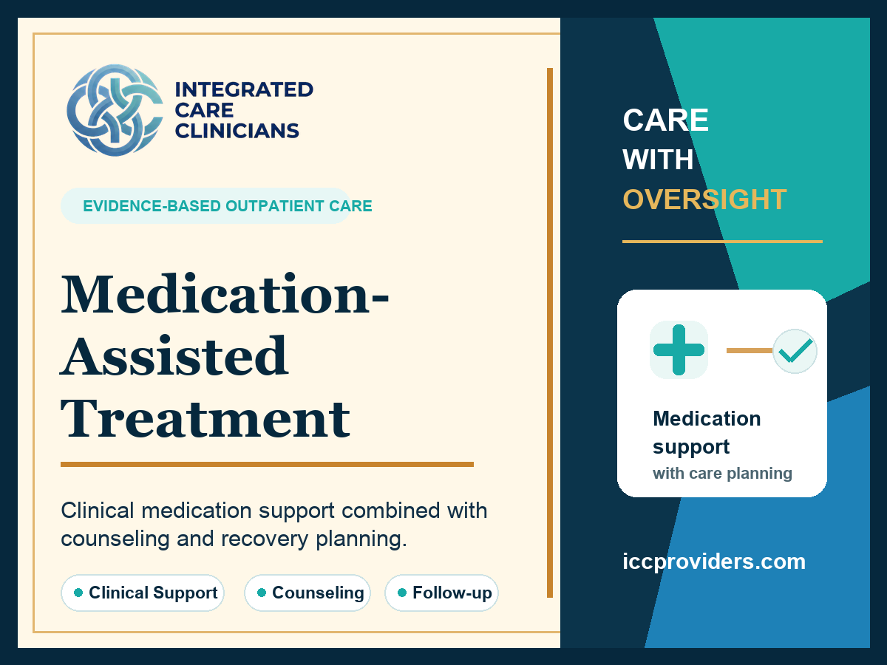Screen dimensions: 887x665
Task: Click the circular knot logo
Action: point(115,110)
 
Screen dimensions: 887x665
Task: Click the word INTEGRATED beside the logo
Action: point(244,89)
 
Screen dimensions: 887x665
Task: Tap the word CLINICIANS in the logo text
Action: point(237,131)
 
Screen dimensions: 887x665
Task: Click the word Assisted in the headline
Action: point(174,356)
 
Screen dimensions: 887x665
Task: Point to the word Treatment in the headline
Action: point(205,418)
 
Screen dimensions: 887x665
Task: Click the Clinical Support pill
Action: point(142,593)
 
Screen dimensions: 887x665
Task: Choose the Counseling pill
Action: point(307,593)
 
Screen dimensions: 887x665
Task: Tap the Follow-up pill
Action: point(442,593)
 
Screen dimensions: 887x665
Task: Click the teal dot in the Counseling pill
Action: point(262,593)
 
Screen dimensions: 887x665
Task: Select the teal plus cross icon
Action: point(679,349)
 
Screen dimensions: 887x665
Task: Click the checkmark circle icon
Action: point(795,351)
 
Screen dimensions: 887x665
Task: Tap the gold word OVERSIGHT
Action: point(704,199)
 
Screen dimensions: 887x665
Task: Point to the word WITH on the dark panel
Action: point(659,160)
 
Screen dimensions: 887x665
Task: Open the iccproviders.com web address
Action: point(714,562)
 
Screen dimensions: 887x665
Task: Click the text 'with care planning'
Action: point(722,473)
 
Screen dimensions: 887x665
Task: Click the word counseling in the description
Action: point(115,539)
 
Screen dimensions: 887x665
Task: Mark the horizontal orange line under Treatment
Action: point(267,464)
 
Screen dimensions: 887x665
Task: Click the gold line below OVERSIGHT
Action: point(722,242)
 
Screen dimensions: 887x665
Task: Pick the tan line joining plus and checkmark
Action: point(750,350)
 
